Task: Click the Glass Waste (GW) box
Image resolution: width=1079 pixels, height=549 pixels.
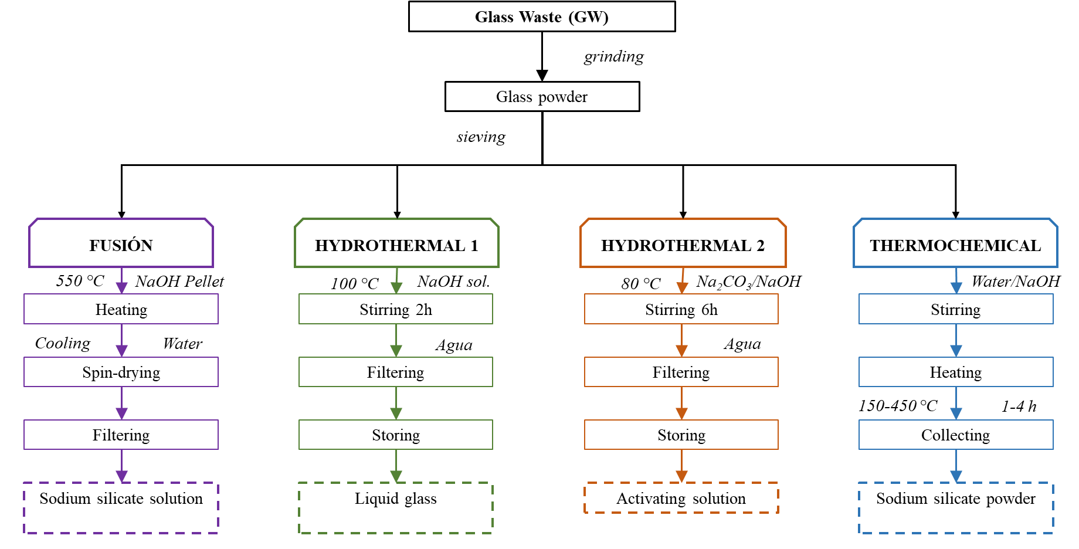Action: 542,16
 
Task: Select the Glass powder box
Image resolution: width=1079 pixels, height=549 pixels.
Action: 542,97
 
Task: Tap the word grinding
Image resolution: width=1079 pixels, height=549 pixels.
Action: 613,57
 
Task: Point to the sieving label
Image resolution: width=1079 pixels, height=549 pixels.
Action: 481,137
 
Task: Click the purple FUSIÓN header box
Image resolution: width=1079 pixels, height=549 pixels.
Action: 121,244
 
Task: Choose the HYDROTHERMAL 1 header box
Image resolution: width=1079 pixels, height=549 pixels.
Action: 396,244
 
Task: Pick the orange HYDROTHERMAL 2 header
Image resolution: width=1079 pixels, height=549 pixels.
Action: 683,244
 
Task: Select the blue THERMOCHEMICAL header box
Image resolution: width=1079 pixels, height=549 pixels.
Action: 955,244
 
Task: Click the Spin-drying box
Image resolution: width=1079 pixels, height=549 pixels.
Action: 121,372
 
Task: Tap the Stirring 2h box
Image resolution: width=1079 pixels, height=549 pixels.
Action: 396,309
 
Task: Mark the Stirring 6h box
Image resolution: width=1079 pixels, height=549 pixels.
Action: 681,309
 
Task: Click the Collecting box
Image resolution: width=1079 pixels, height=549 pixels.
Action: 956,435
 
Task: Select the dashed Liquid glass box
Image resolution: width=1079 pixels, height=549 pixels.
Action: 396,508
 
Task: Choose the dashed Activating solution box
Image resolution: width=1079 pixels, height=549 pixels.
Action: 681,499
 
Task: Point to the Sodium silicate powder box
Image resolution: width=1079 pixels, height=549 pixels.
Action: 956,508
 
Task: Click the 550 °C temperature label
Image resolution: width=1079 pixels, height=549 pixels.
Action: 80,281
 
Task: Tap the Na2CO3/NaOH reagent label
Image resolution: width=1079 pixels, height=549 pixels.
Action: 748,282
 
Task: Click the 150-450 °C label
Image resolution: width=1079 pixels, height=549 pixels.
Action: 898,406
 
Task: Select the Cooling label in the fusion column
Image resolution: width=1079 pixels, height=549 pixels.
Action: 63,343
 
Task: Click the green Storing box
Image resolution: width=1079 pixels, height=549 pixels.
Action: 396,435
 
